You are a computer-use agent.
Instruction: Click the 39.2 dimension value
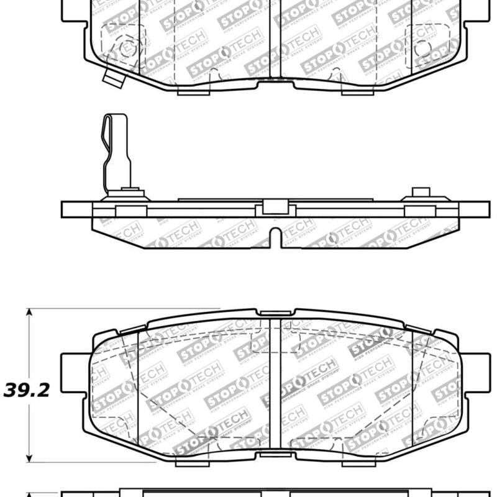26,390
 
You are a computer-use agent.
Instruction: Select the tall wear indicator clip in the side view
117,152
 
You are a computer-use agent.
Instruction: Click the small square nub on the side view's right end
421,192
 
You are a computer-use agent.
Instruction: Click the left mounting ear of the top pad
73,11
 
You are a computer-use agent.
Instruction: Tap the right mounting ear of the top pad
477,11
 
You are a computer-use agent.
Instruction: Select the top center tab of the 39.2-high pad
275,312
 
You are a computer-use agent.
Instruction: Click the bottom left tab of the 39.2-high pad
189,462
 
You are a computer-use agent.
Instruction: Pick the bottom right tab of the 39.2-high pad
360,462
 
